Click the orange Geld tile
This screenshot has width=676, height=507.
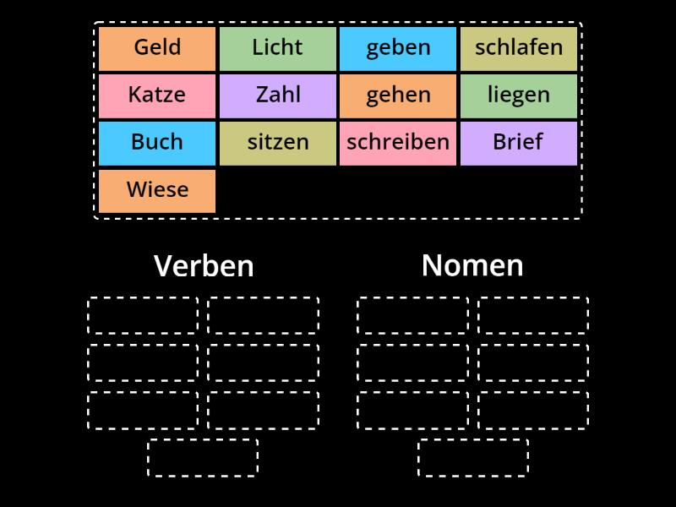coord(157,48)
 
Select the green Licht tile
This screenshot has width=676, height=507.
coord(277,48)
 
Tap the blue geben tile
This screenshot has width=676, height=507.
coord(398,48)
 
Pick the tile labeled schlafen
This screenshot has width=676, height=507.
coord(518,48)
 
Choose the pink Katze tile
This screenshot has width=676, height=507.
coord(157,95)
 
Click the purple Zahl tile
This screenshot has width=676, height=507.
coord(277,95)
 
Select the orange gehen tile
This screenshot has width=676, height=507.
coord(398,95)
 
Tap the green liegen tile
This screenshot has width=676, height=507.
coord(518,95)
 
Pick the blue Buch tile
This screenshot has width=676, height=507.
coord(157,143)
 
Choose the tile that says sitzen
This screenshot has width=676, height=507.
coord(277,143)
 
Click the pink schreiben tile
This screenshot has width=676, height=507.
coord(398,143)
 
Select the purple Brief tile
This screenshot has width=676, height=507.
coord(518,143)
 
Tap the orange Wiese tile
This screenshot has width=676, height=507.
coord(157,190)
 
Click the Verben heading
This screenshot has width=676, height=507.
coord(204,266)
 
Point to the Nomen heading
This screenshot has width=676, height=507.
coord(472,265)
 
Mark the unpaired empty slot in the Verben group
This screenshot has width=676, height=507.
coord(203,457)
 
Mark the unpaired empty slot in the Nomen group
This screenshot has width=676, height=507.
coord(473,457)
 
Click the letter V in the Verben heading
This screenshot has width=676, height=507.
coord(162,266)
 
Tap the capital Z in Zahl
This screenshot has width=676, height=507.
coord(261,95)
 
